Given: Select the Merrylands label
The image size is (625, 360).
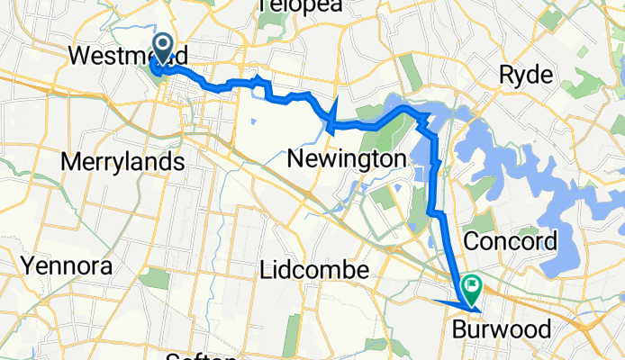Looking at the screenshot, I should click(x=122, y=162).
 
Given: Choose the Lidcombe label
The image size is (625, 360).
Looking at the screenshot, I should click(x=314, y=269).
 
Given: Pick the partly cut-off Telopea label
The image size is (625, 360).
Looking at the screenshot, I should click(x=289, y=7).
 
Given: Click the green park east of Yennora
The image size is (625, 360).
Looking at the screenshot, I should click(x=154, y=278).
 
